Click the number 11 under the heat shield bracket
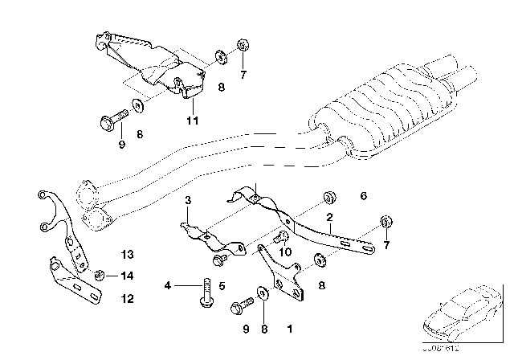[190, 121]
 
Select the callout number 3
[187, 200]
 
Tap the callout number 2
[328, 218]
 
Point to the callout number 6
[363, 195]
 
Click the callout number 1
[289, 329]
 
